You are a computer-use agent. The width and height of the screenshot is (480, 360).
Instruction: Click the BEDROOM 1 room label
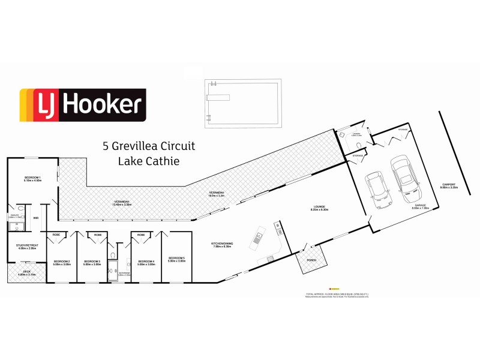tap(32, 178)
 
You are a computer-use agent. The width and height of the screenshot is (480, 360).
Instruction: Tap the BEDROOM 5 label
tap(176, 259)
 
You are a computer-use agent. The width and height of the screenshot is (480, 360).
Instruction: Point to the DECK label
tap(26, 272)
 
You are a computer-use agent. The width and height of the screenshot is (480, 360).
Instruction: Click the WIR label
tap(36, 218)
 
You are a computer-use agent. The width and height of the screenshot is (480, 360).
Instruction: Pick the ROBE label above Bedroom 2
tap(56, 235)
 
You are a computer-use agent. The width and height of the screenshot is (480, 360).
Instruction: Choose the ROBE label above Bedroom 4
tap(142, 235)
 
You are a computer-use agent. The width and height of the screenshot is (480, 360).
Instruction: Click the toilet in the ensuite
tap(18, 226)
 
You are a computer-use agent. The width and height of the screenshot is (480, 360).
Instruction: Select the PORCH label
tap(311, 260)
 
